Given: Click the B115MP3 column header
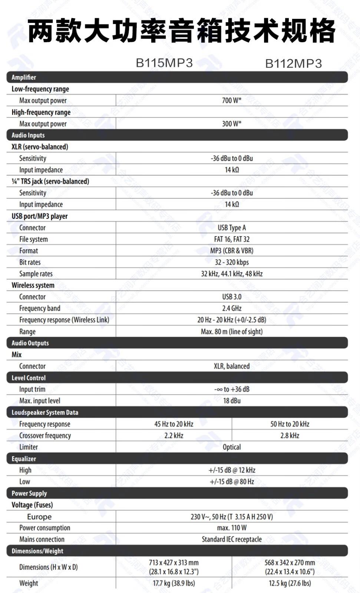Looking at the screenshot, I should pos(164,63).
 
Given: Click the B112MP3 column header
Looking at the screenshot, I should pos(293,64).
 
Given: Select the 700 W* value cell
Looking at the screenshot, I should pos(232,100).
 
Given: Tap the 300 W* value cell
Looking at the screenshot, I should pos(232,124).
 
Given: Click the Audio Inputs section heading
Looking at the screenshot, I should pos(28,135).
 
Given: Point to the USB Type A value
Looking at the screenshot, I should pos(232,228).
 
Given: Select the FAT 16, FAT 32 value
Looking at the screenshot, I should pos(232,239).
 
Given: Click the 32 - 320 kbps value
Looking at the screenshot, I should pos(232,262).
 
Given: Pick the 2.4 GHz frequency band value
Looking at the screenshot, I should pos(232,308).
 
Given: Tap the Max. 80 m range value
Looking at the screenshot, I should pos(232,332).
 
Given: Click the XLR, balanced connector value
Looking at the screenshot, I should pos(232,366).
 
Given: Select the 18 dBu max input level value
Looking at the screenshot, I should pos(232,401).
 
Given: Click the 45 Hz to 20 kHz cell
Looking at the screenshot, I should pos(174,424).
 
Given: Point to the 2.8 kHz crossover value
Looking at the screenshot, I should pos(290,435).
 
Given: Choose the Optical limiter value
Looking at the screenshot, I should pos(232,447).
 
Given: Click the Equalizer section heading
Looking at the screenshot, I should pos(24,459).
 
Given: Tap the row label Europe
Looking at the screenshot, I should pos(39,517).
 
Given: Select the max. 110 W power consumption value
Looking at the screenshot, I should pos(232,528).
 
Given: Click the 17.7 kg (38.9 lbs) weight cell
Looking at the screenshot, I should pos(174,583).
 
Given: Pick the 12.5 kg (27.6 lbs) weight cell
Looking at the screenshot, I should pos(290,583).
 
